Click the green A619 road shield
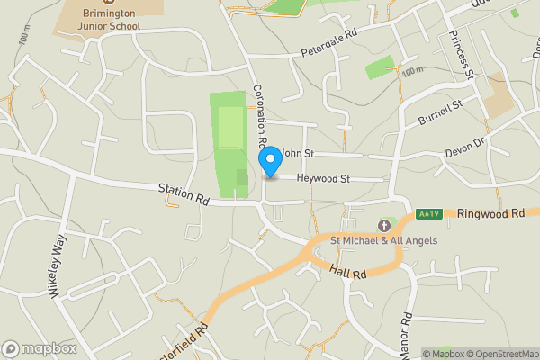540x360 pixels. pyautogui.click(x=427, y=214)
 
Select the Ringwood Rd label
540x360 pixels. pyautogui.click(x=490, y=214)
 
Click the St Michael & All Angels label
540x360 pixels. pyautogui.click(x=383, y=240)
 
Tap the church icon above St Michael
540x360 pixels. pyautogui.click(x=383, y=225)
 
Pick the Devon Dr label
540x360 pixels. pyautogui.click(x=466, y=145)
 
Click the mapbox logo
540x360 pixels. pyautogui.click(x=40, y=348)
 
